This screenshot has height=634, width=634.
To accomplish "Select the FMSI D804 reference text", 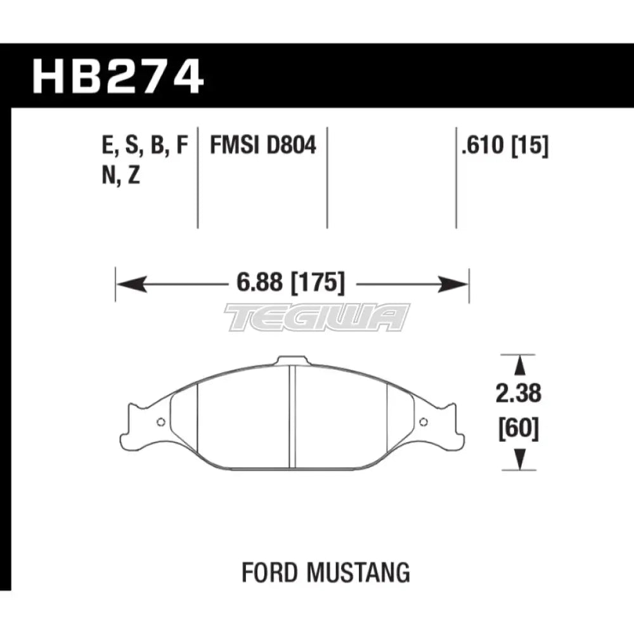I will (262, 146).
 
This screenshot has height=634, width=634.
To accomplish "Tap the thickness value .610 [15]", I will (505, 146).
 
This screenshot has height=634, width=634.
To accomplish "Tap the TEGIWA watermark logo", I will (317, 317).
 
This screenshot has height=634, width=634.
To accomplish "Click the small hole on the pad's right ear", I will (424, 422).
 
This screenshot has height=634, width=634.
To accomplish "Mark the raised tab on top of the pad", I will (290, 360).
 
